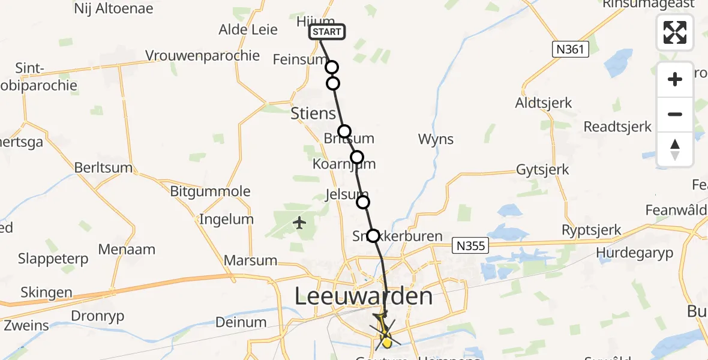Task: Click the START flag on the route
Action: (x=327, y=32)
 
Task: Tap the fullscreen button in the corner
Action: (x=675, y=32)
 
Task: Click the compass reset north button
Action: (x=675, y=149)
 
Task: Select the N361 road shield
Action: (x=570, y=49)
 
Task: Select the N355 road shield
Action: (x=470, y=245)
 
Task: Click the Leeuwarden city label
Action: (x=364, y=296)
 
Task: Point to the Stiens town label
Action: (x=313, y=113)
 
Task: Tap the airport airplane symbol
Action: (x=300, y=223)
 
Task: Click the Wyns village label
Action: (x=436, y=140)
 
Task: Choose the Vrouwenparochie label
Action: (x=203, y=56)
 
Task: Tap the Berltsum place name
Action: (x=103, y=167)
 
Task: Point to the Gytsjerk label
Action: (x=542, y=170)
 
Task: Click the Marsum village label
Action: (x=250, y=260)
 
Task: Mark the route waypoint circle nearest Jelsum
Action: (x=363, y=202)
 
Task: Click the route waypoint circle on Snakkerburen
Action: (x=373, y=236)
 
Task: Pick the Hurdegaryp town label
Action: (x=635, y=253)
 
